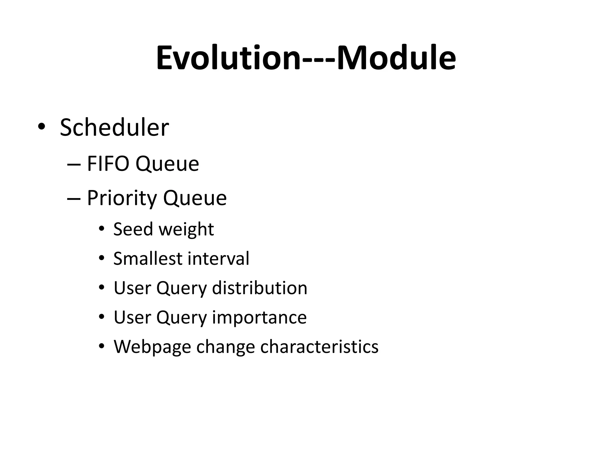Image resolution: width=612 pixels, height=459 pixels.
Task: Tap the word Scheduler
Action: (x=114, y=128)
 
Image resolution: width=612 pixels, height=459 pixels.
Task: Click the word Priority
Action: (x=122, y=198)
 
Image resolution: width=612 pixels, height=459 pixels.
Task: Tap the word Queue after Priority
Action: (x=195, y=198)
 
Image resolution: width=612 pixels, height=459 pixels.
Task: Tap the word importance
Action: (x=259, y=318)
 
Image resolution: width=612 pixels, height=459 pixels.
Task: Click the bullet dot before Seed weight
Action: (x=102, y=229)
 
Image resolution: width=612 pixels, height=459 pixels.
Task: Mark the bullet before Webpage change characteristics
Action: (x=102, y=346)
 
